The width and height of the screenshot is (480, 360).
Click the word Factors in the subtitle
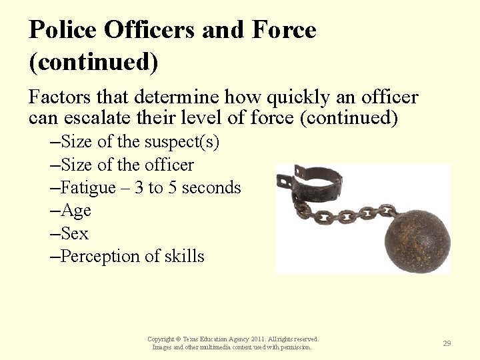click(x=59, y=99)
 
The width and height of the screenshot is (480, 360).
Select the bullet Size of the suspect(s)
click(x=139, y=142)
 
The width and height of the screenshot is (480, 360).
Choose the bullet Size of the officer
click(x=127, y=165)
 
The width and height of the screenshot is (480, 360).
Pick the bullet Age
click(x=75, y=211)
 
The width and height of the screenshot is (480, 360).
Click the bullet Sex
click(x=74, y=233)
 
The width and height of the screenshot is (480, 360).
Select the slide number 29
click(x=447, y=343)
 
